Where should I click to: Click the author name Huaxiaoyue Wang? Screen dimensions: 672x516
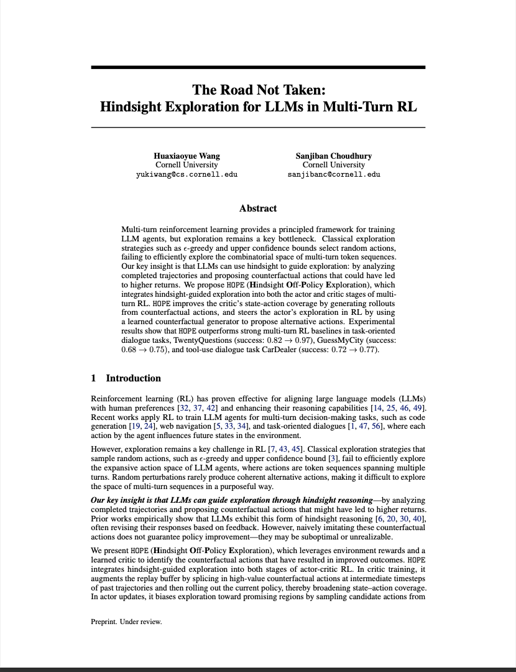click(187, 156)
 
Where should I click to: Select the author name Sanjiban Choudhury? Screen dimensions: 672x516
click(334, 156)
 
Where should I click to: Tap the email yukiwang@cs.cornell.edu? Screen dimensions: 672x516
click(187, 174)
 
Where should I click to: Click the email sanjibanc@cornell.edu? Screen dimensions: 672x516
click(334, 174)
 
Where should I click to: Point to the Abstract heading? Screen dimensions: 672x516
click(258, 208)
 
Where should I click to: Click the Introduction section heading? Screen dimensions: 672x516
click(133, 378)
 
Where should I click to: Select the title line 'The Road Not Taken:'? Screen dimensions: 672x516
click(258, 90)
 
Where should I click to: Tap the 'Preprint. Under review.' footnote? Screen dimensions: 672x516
click(126, 622)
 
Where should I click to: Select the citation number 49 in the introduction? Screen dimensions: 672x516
click(420, 408)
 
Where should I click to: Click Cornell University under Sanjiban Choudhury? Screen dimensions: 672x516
click(334, 165)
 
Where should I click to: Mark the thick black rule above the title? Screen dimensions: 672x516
click(258, 67)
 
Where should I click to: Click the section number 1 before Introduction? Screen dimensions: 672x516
click(93, 378)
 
